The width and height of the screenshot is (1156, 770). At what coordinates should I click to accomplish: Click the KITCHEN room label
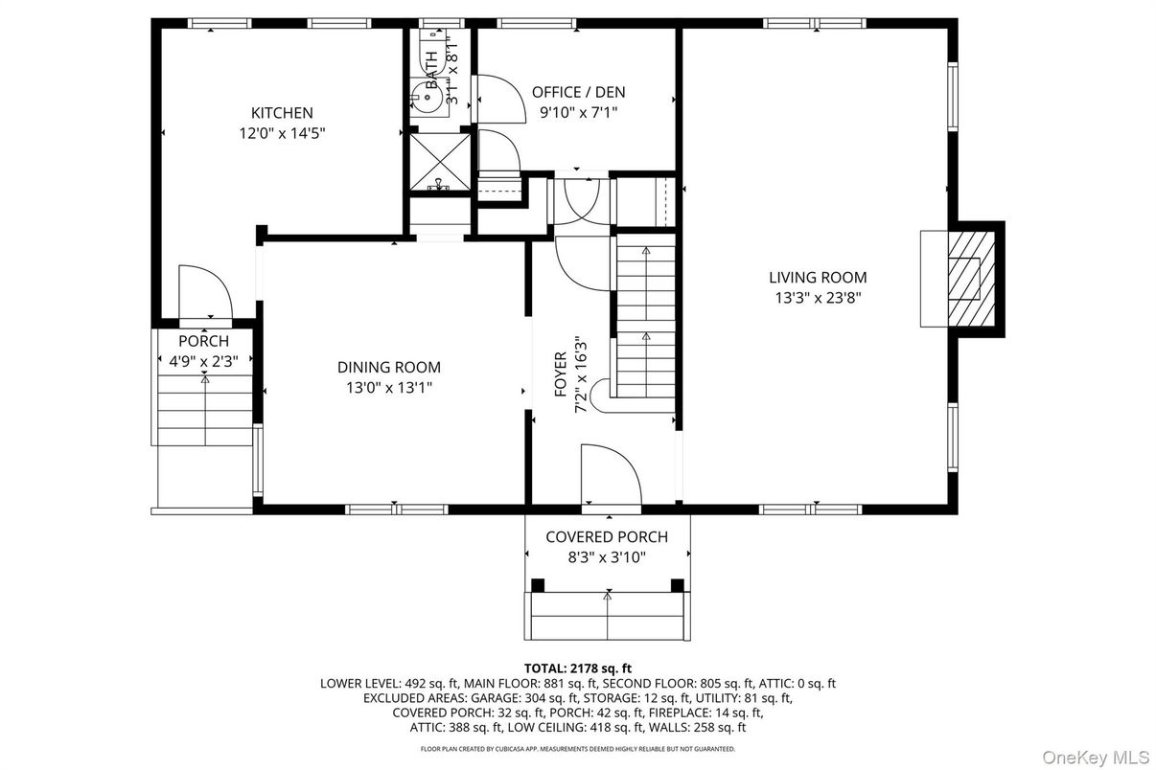[282, 113]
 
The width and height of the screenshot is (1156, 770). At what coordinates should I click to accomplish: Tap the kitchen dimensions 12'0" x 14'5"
[282, 134]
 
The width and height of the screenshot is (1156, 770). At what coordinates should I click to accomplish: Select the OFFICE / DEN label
[578, 92]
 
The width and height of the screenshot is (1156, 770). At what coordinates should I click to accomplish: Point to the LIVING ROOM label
[818, 278]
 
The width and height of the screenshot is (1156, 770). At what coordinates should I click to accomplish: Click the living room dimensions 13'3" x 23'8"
[818, 298]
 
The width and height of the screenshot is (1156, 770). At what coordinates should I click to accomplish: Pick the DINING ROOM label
[388, 367]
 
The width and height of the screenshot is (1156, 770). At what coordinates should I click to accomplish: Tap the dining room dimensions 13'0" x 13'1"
[388, 388]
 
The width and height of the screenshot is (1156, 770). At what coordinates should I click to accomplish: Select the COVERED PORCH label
[606, 537]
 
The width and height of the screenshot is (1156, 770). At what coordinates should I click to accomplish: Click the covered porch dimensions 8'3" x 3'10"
[606, 558]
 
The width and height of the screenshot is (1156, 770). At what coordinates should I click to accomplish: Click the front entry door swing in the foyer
[610, 475]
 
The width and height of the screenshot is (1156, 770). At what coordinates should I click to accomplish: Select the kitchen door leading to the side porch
[203, 292]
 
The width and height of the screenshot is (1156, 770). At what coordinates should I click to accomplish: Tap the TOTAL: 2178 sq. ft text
[577, 668]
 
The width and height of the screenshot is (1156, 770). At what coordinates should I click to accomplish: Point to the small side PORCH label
[203, 341]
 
